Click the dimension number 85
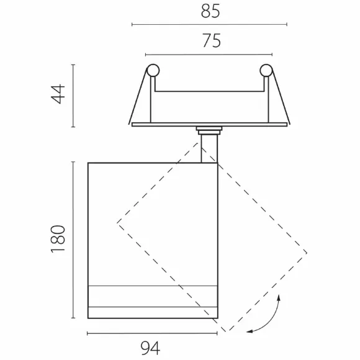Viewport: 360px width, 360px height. point(210,11)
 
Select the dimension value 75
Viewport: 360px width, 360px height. point(212,40)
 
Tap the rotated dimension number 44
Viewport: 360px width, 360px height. point(58,94)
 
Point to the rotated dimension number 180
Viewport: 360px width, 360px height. point(58,239)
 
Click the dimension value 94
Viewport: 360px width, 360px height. point(150,348)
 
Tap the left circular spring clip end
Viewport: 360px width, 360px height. point(153,70)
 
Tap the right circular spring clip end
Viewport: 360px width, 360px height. point(266,70)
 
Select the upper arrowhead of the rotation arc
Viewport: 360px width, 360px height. point(279,297)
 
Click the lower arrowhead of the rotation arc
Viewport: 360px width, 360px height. point(250,331)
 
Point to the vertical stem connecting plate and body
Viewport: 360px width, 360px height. point(209,148)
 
